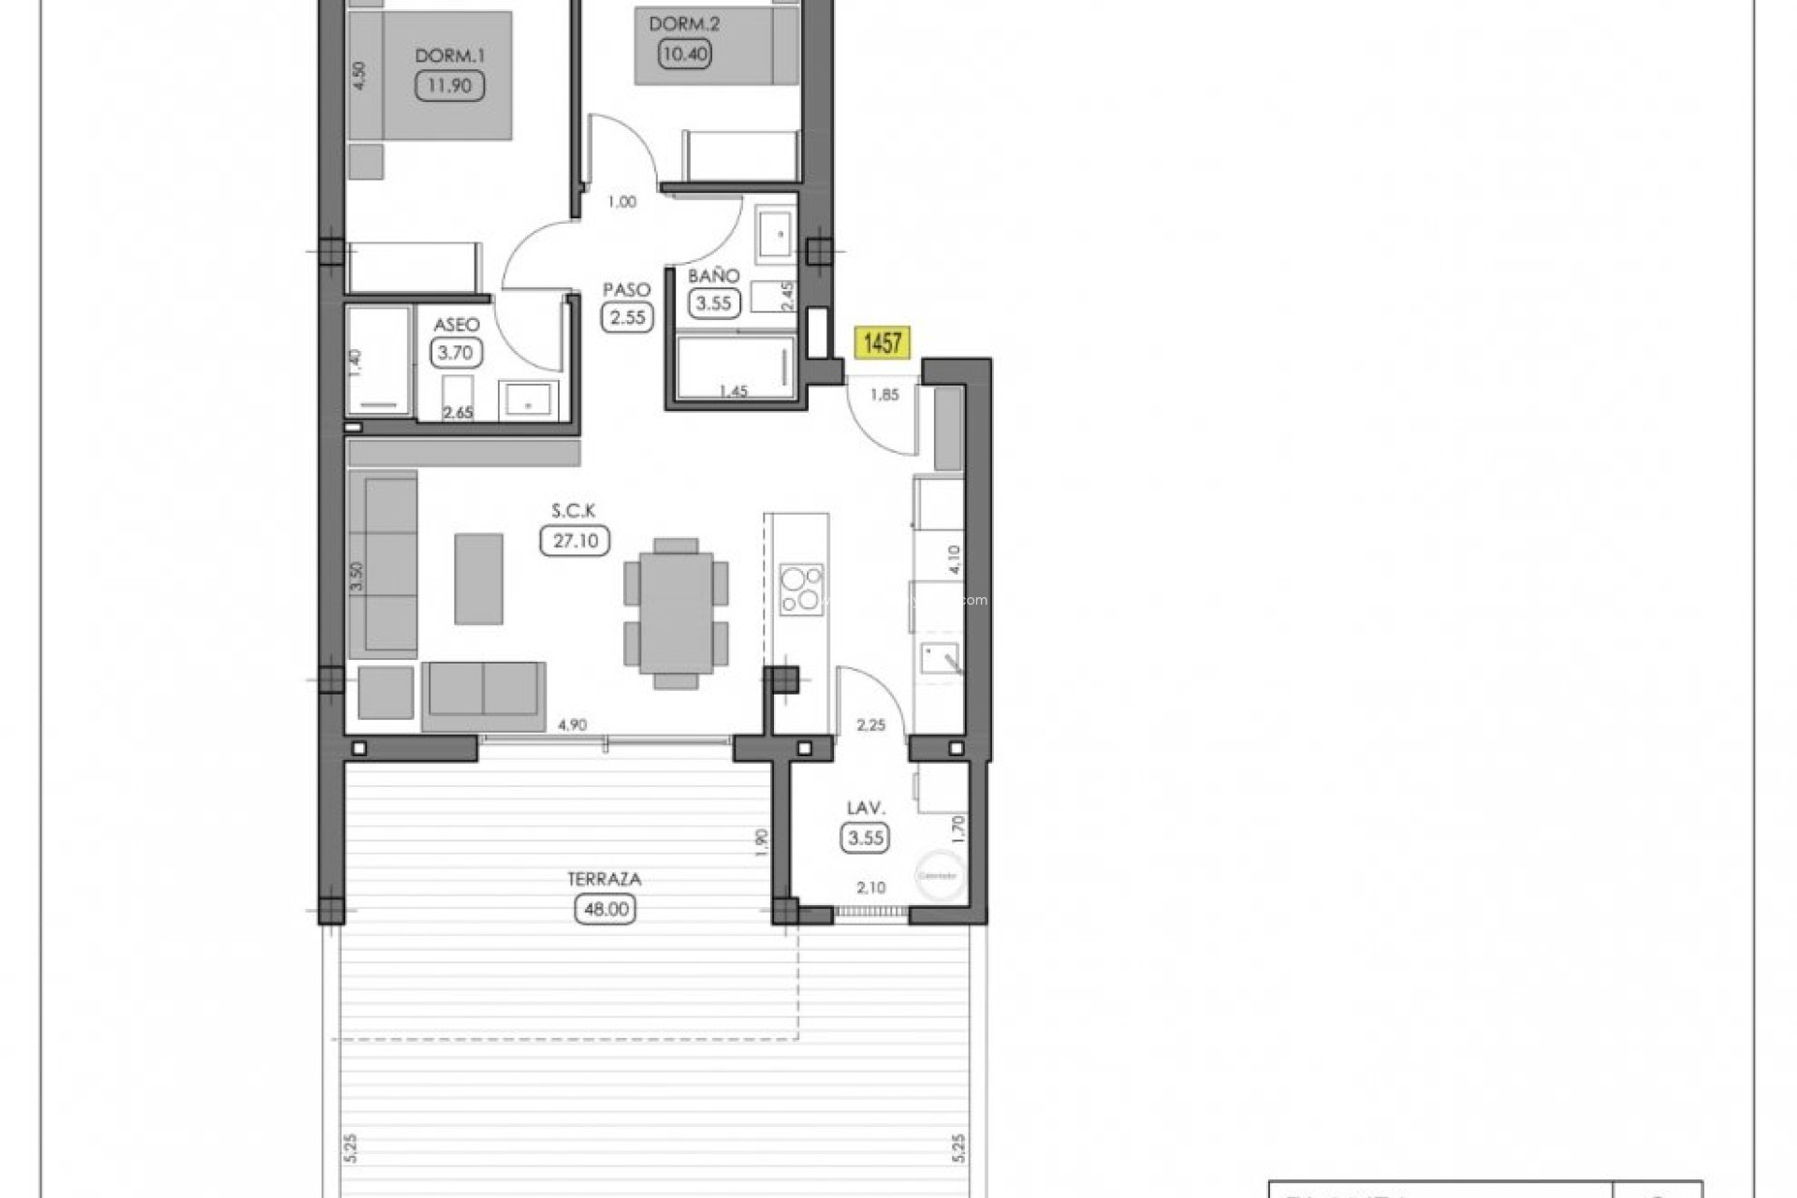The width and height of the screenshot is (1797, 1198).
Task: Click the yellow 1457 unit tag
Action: [x=882, y=343]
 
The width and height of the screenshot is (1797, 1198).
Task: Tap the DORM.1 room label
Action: [x=449, y=56]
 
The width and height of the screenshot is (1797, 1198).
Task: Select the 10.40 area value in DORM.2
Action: [x=685, y=53]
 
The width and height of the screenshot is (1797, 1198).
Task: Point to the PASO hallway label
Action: [x=626, y=290]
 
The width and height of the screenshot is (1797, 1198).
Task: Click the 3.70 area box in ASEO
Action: [x=456, y=353]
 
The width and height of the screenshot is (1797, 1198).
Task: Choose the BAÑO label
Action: [x=713, y=276]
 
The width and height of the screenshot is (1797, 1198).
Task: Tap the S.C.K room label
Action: [x=573, y=511]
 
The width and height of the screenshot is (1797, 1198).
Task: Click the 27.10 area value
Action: [x=575, y=541]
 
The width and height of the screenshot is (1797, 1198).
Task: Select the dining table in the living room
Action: [x=676, y=613]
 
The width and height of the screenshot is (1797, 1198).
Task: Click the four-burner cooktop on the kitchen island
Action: [x=801, y=590]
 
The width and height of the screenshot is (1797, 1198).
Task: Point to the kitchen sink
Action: [x=939, y=658]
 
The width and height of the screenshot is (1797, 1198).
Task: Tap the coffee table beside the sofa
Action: [x=478, y=578]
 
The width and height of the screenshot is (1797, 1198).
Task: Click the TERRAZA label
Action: [x=604, y=879]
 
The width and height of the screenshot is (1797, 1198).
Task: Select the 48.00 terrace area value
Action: [x=606, y=909]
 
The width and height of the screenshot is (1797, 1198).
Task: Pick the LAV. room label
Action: [x=866, y=808]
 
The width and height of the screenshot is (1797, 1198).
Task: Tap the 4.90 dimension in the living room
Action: [x=572, y=724]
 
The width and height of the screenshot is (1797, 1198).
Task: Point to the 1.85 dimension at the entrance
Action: [x=884, y=395]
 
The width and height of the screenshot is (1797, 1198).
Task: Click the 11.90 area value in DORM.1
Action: [x=449, y=86]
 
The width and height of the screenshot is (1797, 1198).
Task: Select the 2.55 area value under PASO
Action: [x=627, y=317]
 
